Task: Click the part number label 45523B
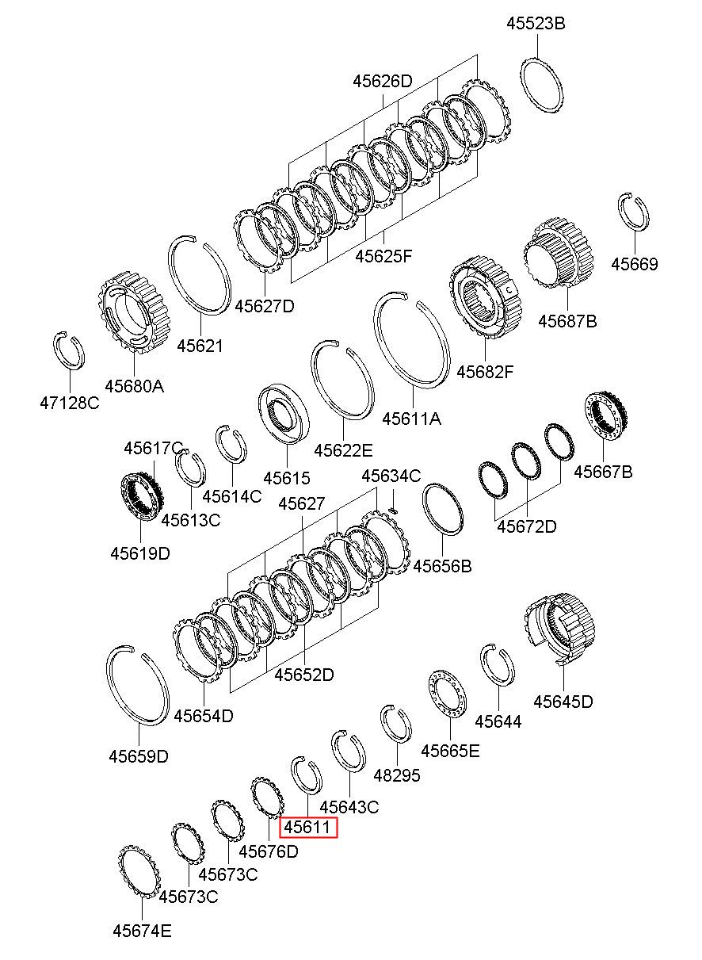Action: (x=536, y=23)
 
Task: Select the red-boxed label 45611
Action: (x=308, y=827)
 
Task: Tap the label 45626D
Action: (x=383, y=81)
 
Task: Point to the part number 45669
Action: (x=634, y=264)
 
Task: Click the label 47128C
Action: (x=70, y=403)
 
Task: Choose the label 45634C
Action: (x=391, y=476)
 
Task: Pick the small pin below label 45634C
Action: (x=394, y=510)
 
